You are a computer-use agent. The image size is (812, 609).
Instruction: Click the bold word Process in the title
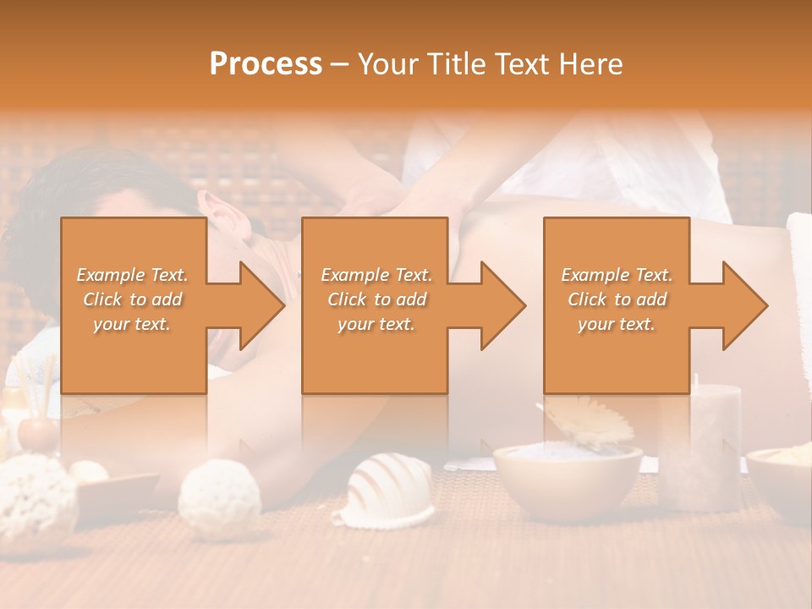pos(266,63)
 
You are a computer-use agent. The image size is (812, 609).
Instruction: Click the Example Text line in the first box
pos(132,275)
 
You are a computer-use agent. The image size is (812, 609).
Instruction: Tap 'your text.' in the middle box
pos(376,324)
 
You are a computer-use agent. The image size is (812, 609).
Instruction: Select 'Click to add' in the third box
pos(617,299)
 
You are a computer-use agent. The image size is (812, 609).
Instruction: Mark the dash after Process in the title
pos(339,64)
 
